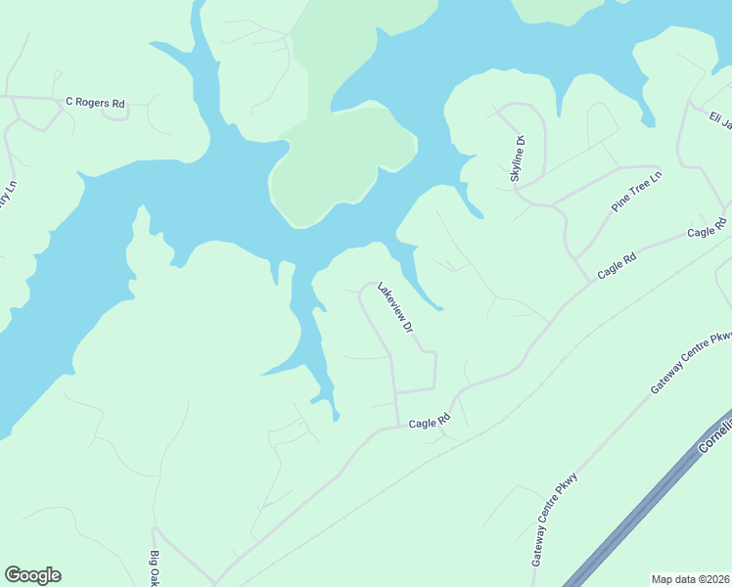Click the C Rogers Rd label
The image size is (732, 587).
pyautogui.click(x=95, y=102)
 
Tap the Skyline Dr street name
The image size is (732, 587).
pyautogui.click(x=519, y=158)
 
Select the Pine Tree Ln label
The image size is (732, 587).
pyautogui.click(x=637, y=191)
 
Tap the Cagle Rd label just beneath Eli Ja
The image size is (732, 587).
pyautogui.click(x=707, y=230)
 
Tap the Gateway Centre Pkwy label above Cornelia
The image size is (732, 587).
pyautogui.click(x=692, y=363)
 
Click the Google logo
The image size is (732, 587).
pyautogui.click(x=32, y=575)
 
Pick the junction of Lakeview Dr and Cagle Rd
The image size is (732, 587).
pyautogui.click(x=398, y=426)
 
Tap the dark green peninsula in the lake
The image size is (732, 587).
pyautogui.click(x=333, y=166)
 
